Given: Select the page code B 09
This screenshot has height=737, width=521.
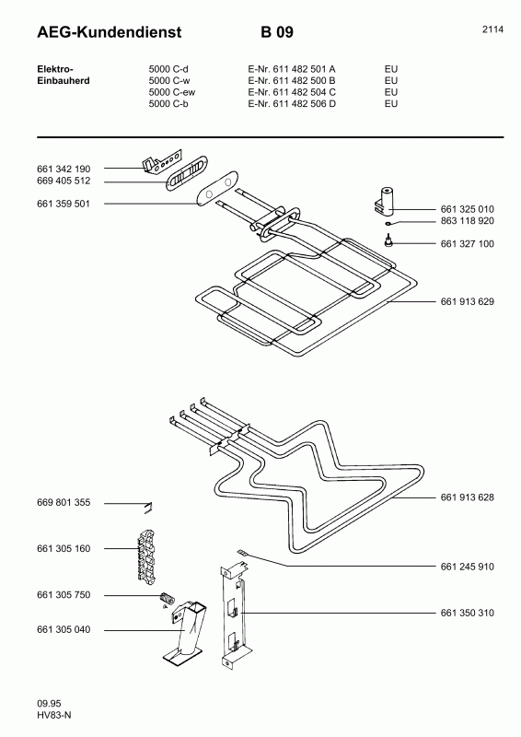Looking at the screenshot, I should [277, 33].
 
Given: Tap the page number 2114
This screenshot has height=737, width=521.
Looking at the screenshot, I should [492, 29].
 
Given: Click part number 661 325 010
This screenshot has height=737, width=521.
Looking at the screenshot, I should [468, 209].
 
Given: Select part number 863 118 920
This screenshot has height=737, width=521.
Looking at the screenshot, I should [468, 222].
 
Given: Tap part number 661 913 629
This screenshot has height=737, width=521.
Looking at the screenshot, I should [468, 302].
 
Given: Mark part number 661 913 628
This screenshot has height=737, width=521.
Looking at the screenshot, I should [468, 497].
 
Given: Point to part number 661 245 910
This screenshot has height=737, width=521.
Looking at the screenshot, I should [468, 567].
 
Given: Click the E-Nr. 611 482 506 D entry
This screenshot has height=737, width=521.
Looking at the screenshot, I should [292, 104].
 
